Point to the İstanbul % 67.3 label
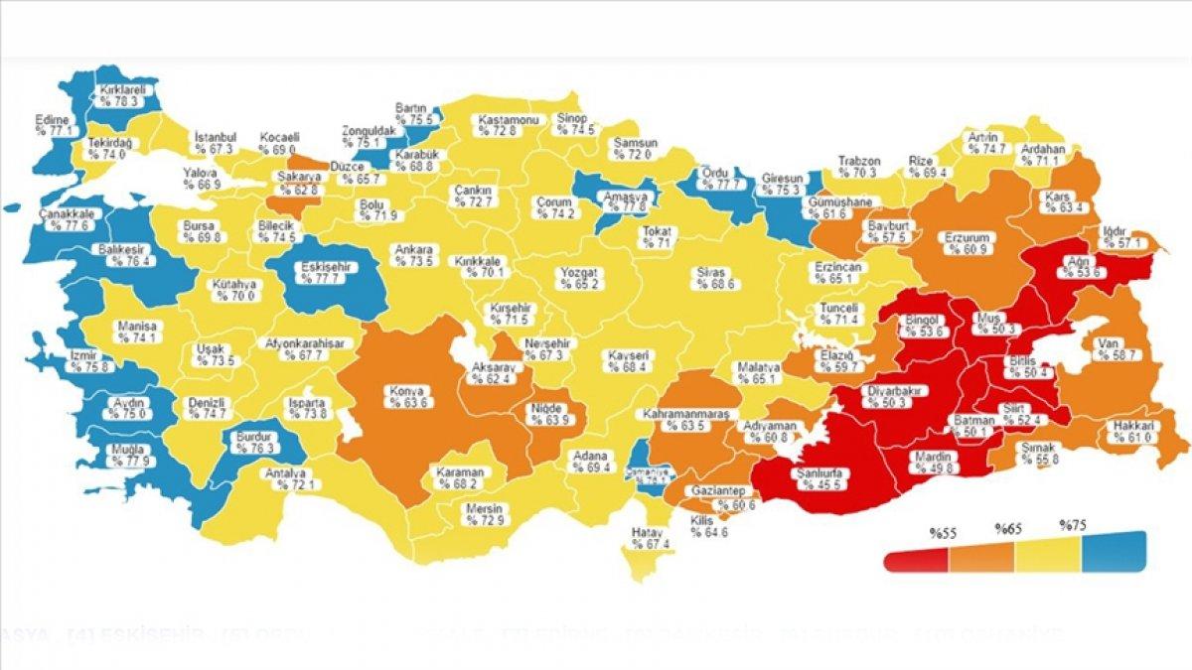(213, 142)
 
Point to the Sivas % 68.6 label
(715, 278)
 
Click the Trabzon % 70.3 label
(858, 165)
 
